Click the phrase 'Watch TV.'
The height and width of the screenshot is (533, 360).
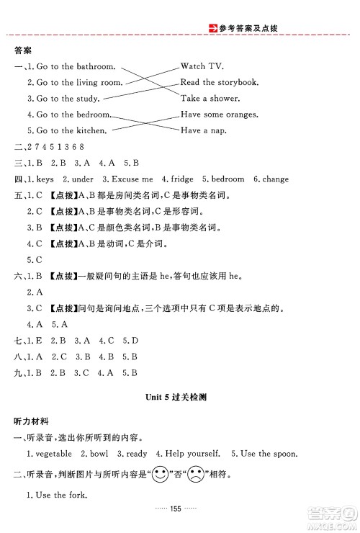204,66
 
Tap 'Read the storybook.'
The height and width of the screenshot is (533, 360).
219,82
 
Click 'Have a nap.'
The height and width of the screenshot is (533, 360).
201,130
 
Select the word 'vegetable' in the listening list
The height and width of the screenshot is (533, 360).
52,454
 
